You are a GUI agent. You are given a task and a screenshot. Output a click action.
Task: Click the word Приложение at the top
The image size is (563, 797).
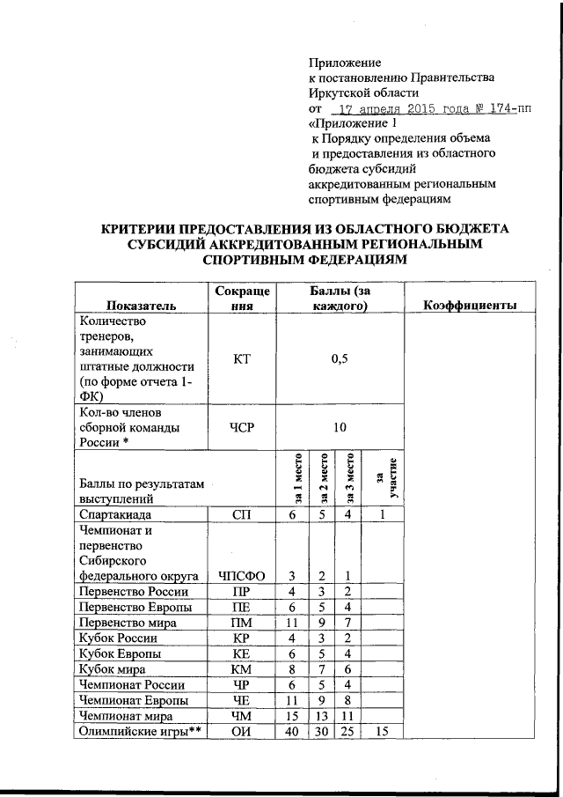point(344,63)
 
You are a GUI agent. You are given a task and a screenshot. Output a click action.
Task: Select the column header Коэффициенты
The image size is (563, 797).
point(469,305)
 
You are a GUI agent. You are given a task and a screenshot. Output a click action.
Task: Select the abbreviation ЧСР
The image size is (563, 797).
point(241,427)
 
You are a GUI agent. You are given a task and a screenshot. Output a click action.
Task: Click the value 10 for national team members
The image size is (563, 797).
point(340,427)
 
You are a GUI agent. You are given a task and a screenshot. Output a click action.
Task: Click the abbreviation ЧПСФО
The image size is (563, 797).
point(241,576)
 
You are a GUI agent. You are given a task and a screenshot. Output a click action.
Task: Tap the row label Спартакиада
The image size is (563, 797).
point(115,514)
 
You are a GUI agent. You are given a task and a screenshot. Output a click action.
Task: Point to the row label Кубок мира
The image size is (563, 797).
point(113,669)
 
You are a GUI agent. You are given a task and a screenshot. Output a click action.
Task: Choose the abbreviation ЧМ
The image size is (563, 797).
point(241,717)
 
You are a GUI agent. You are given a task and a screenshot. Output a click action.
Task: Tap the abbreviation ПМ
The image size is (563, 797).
point(241,623)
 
